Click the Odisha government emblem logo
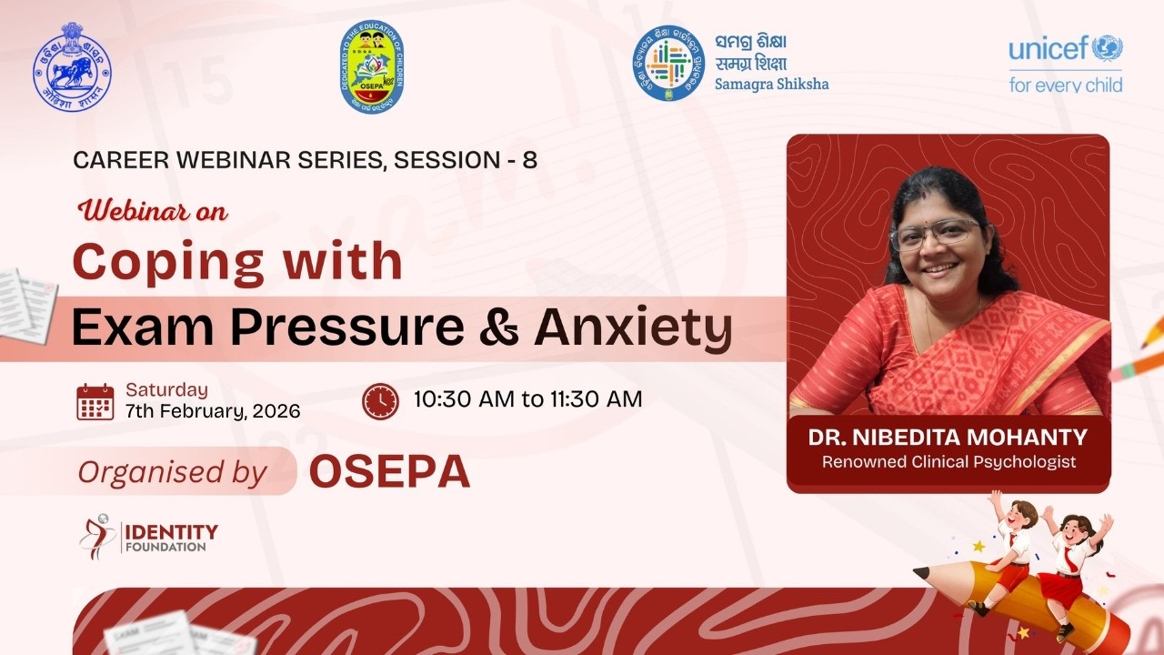coord(72,66)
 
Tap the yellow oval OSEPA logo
coord(371,66)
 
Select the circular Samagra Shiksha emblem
coord(668,63)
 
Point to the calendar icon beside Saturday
coord(95,401)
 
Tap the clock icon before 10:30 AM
coord(380,400)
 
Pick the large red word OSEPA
coord(389,472)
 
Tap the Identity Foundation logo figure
coord(96,535)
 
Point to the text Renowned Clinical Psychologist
coord(948,462)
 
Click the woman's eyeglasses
coord(934,234)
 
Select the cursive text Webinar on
coord(154,212)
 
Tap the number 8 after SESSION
coord(529,161)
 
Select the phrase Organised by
coord(172,472)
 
